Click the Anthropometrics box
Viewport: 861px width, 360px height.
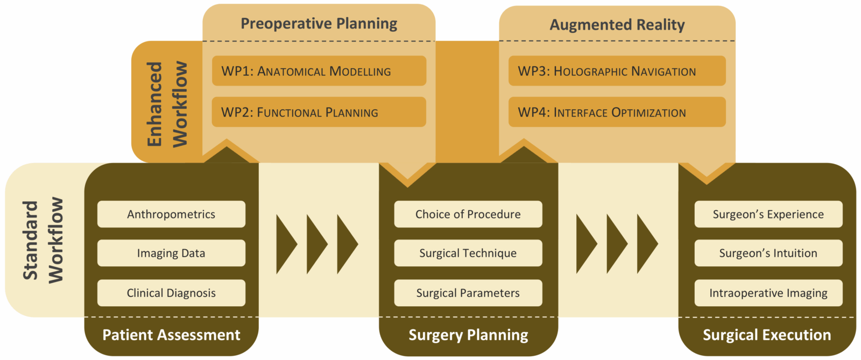pos(171,214)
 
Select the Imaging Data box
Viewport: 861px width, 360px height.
pos(171,253)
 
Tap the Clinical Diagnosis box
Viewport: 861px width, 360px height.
pos(171,293)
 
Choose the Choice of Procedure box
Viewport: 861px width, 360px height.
pos(468,214)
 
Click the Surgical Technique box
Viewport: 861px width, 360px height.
pos(468,253)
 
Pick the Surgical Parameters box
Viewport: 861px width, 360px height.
pos(468,293)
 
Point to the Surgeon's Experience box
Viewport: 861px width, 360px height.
pos(768,214)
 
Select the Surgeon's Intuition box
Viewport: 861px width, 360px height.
pos(768,253)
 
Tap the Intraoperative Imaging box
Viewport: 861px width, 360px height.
pos(768,293)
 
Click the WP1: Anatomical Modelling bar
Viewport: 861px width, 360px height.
pos(319,71)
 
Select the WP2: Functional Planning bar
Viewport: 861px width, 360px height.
pos(319,112)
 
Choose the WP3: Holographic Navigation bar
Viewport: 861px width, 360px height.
pos(617,71)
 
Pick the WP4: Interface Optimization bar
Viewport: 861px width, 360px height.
pos(617,112)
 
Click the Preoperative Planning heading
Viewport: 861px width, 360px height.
pos(319,24)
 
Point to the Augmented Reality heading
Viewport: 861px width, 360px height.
pos(617,25)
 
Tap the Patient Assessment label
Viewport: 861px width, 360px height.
pos(171,335)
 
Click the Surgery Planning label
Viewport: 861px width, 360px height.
pos(468,335)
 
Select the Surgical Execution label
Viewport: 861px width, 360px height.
pos(767,335)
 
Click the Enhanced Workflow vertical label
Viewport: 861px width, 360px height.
pos(167,104)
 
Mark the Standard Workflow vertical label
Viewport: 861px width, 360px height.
pos(43,240)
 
